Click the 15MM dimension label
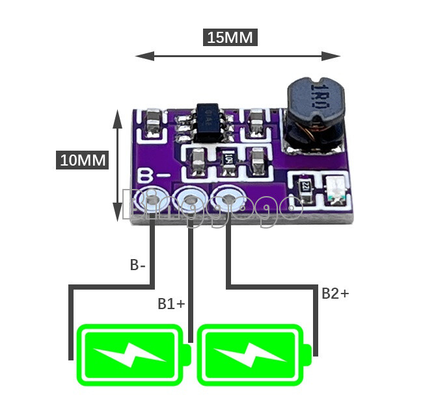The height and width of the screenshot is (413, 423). click(x=230, y=37)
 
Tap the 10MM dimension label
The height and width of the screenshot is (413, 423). click(x=83, y=160)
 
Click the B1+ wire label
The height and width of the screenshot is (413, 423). click(x=171, y=303)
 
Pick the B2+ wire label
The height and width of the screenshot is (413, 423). click(x=335, y=293)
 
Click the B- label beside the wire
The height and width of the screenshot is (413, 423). click(x=138, y=265)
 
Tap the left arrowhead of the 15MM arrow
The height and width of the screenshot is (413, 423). click(x=138, y=56)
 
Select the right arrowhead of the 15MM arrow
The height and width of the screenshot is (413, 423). click(x=337, y=56)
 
